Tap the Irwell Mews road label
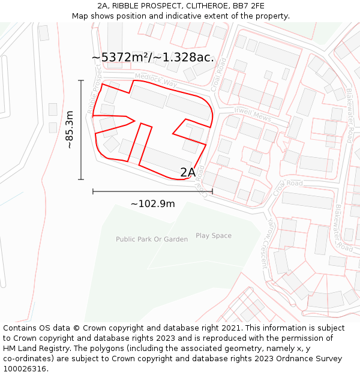click(253, 115)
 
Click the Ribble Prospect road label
click(95, 90)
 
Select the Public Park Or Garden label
click(152, 239)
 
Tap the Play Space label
click(214, 236)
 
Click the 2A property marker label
click(188, 172)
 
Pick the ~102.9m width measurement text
click(153, 204)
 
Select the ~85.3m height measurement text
click(70, 130)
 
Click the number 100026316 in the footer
click(25, 369)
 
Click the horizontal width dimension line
click(153, 191)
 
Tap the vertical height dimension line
click(81, 130)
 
